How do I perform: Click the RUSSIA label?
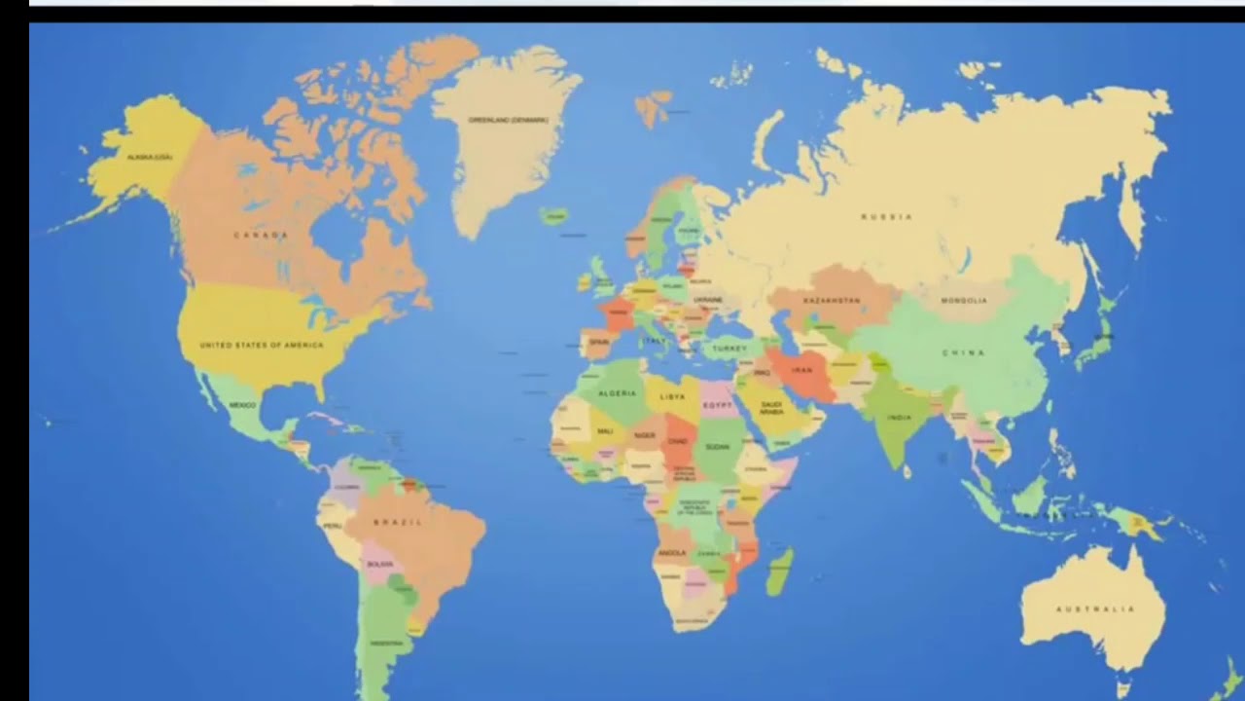click(887, 216)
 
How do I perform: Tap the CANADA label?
click(261, 235)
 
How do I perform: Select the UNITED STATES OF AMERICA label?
click(262, 345)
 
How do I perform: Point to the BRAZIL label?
click(399, 523)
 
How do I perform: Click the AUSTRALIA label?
click(1095, 609)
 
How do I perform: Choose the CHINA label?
click(963, 352)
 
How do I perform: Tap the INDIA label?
click(900, 418)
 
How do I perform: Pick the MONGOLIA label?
click(964, 301)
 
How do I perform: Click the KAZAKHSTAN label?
click(832, 301)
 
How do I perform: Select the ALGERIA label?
click(617, 393)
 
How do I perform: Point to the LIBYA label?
click(672, 396)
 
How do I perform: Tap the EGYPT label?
click(717, 404)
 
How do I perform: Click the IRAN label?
click(801, 371)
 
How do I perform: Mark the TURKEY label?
click(729, 348)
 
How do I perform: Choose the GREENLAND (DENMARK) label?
click(508, 120)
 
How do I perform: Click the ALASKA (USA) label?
click(150, 157)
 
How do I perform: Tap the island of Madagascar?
click(779, 572)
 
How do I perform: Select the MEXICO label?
click(242, 404)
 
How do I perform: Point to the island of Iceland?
click(555, 215)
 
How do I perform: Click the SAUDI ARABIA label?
click(770, 408)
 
